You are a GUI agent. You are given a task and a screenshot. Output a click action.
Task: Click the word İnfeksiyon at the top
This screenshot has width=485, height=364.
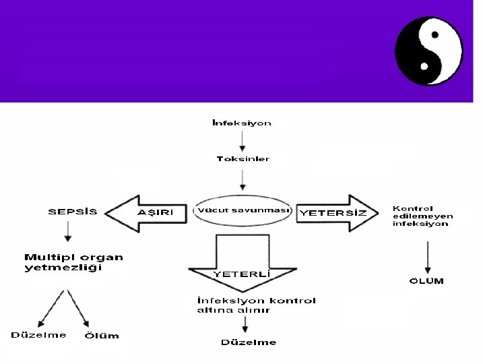tap(242, 123)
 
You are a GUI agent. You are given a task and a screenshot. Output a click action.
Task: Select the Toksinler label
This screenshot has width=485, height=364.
tap(243, 159)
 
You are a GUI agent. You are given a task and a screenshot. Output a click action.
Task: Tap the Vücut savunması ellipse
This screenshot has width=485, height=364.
tap(243, 210)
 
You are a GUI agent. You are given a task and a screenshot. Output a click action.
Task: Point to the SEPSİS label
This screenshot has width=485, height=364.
tap(73, 212)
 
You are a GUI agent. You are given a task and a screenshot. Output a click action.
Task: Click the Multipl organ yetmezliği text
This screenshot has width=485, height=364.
tap(73, 262)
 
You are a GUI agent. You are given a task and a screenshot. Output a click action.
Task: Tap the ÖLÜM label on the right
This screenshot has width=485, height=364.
tap(427, 280)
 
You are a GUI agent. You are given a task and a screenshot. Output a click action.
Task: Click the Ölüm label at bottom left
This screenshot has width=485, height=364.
tap(102, 336)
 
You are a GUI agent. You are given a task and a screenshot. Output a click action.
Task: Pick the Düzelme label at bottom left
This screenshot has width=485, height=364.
tap(38, 335)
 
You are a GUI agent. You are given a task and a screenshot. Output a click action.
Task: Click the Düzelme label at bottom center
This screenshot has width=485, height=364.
tap(249, 342)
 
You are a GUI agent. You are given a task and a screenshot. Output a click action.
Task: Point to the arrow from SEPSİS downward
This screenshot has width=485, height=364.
tap(68, 232)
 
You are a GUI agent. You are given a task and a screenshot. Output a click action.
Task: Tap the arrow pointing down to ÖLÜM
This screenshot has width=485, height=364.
tap(427, 255)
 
